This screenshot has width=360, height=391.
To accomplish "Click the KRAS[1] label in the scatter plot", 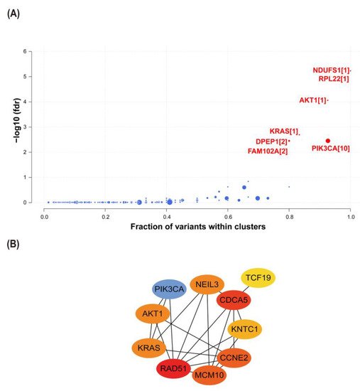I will click(283, 132).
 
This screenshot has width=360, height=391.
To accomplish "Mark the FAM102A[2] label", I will click(267, 151).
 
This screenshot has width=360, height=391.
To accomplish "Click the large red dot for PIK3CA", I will click(327, 141).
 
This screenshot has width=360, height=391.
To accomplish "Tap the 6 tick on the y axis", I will click(26, 52).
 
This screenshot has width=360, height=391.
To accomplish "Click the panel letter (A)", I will click(13, 14).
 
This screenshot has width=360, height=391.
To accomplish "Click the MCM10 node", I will click(210, 375).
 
